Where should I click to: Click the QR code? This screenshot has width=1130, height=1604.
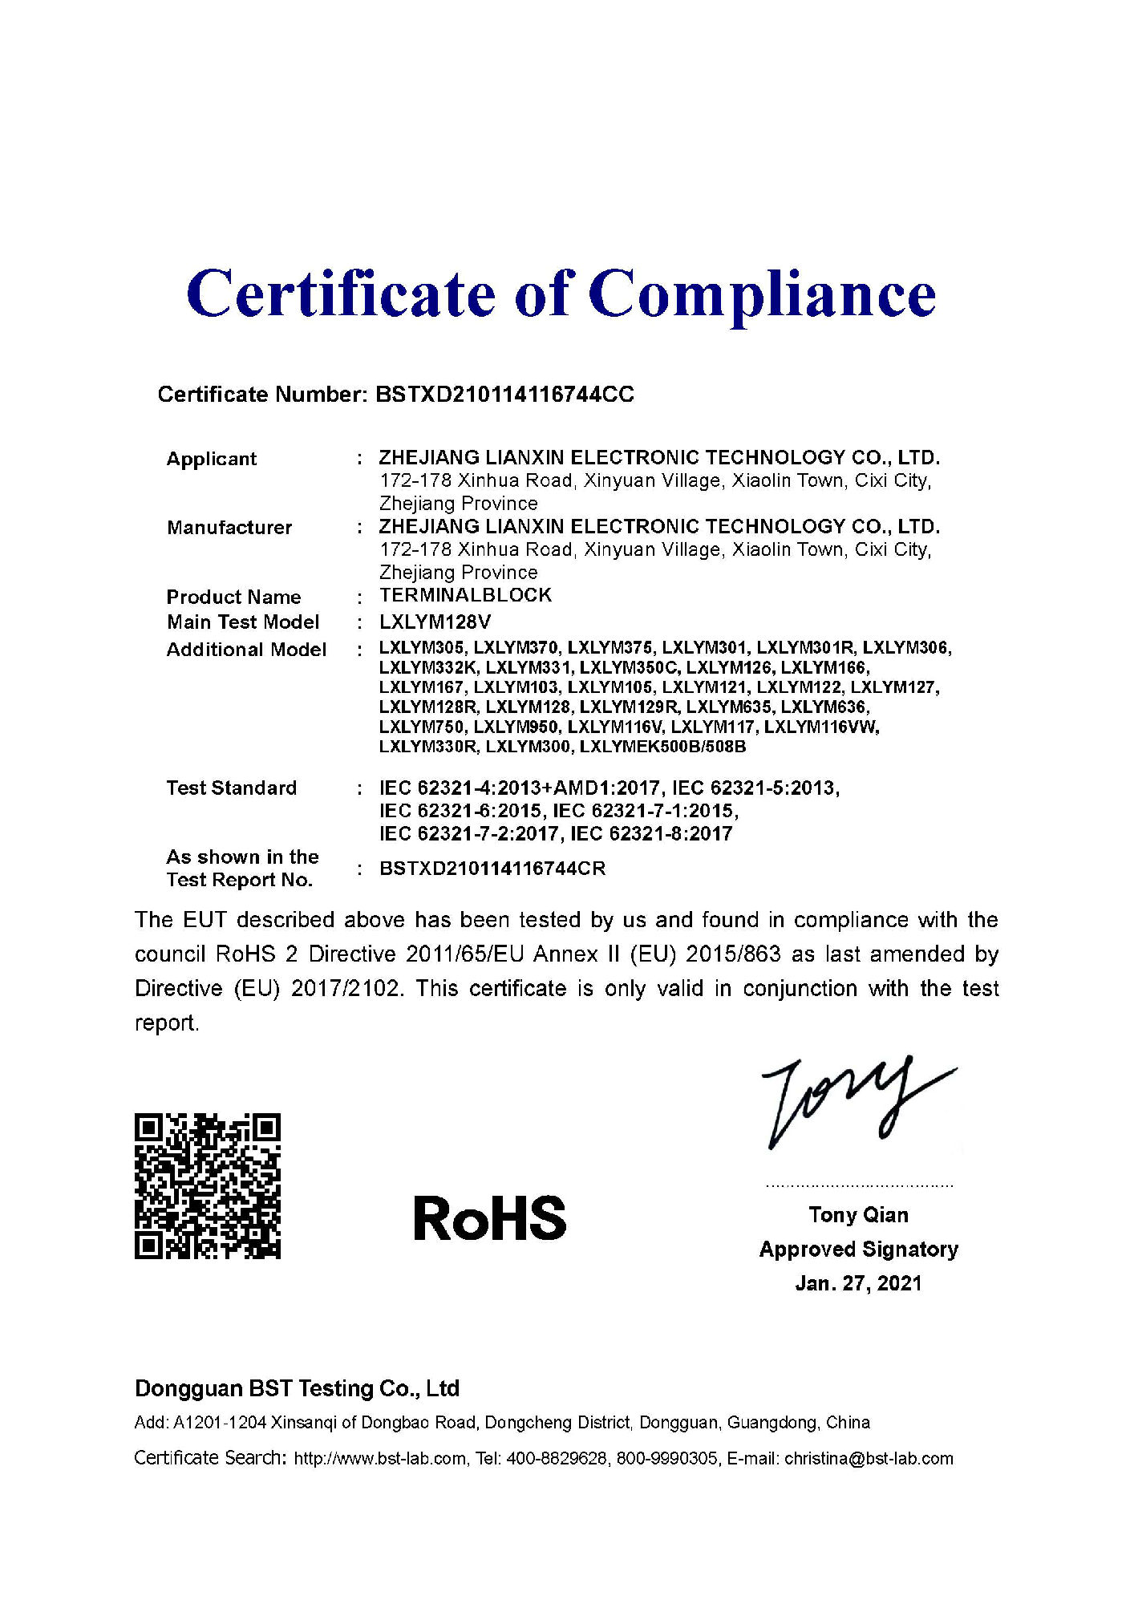[x=208, y=1185]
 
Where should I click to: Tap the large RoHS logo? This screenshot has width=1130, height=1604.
[x=489, y=1218]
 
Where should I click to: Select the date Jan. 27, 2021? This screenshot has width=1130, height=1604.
[x=858, y=1283]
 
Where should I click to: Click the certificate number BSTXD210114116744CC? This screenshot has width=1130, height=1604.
[x=504, y=395]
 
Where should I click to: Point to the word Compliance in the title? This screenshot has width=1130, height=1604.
[x=762, y=294]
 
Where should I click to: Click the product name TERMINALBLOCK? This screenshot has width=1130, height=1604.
[x=466, y=595]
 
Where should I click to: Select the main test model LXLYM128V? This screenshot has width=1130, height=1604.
[x=435, y=622]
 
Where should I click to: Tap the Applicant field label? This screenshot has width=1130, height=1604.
[x=212, y=460]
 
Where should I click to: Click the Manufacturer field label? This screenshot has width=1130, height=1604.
[x=229, y=528]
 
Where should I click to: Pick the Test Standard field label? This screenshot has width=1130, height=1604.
[x=232, y=788]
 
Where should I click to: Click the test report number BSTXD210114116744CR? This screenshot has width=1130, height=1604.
[x=492, y=869]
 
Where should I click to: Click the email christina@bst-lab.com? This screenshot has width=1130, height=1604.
[x=869, y=1458]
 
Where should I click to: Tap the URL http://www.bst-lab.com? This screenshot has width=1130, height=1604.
[x=380, y=1458]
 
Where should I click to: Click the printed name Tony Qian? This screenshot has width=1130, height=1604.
[x=858, y=1215]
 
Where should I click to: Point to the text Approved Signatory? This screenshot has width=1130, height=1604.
[x=858, y=1250]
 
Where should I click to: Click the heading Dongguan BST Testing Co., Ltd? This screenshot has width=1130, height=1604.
[x=297, y=1388]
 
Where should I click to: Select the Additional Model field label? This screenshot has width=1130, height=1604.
[x=246, y=650]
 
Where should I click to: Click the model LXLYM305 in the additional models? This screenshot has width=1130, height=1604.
[x=421, y=648]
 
